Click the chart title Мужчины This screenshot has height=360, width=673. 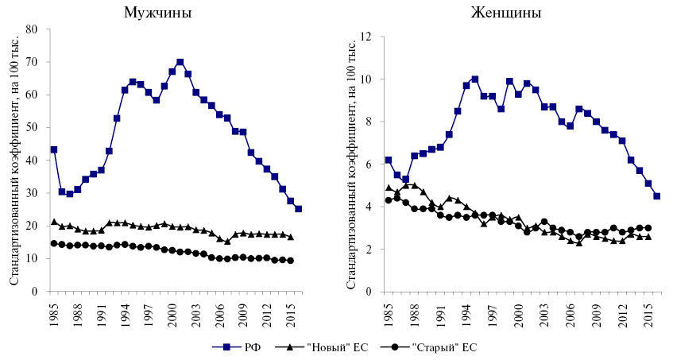pyautogui.click(x=157, y=14)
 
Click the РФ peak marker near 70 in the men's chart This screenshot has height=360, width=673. pyautogui.click(x=180, y=62)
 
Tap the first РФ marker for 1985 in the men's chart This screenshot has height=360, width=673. pyautogui.click(x=53, y=149)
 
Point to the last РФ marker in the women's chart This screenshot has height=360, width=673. pyautogui.click(x=657, y=196)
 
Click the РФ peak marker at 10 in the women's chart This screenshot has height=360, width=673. pyautogui.click(x=475, y=79)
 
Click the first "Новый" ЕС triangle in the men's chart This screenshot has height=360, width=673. pyautogui.click(x=53, y=222)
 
